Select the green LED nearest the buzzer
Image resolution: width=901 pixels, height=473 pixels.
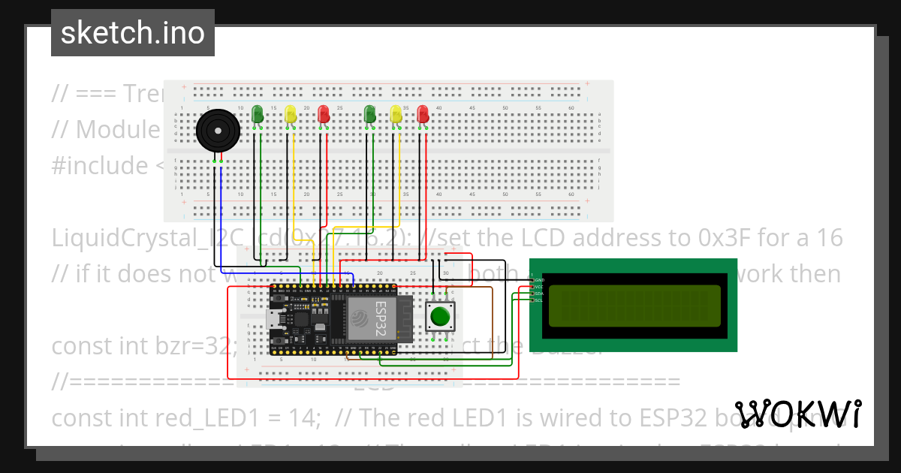point(258,114)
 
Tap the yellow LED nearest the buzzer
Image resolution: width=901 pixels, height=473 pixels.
point(291,114)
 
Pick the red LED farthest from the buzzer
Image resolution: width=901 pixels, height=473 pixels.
point(423,114)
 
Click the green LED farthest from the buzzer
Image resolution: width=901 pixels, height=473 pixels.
point(369,114)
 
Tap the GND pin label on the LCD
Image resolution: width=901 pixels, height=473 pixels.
point(539,279)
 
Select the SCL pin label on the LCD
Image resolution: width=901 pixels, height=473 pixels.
point(538,300)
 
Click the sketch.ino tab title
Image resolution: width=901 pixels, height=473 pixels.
point(132,33)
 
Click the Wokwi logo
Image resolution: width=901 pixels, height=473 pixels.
point(797,414)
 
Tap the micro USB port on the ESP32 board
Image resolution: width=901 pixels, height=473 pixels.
point(273,324)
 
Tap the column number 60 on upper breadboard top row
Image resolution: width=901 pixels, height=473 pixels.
point(571,109)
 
